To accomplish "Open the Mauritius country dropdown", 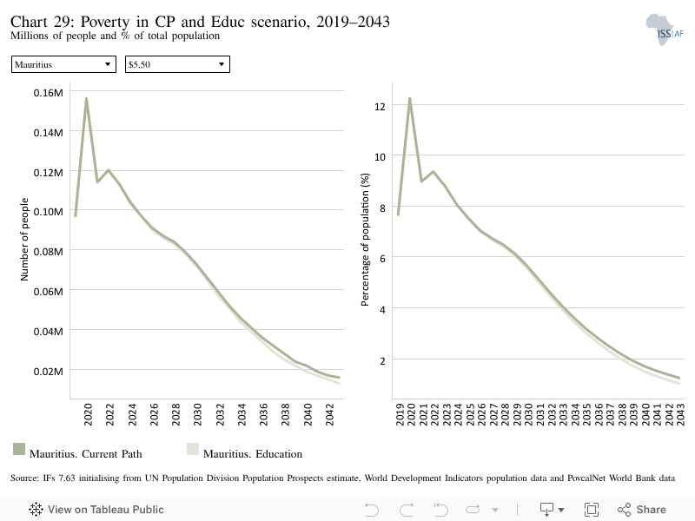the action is [63, 64].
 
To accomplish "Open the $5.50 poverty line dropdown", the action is [177, 64].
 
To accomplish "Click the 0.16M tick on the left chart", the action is [49, 93].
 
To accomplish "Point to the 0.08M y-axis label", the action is [49, 252].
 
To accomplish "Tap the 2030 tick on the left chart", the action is [198, 414].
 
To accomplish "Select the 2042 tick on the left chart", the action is [329, 414].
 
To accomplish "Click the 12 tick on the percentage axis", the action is [380, 106].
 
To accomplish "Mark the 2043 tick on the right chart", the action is [680, 414].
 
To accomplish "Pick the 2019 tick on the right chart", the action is [400, 414].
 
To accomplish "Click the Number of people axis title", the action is [24, 240].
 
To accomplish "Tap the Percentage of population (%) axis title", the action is [365, 240].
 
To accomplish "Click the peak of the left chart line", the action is [86, 98].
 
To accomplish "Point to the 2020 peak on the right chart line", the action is [410, 98].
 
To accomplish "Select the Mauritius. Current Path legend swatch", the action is [19, 449].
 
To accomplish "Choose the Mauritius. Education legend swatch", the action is [193, 449].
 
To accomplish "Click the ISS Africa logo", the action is [665, 30].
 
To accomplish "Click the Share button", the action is [641, 510].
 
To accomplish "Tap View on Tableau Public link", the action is [96, 510].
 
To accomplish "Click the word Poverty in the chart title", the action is [105, 21].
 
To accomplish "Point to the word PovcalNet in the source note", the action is [586, 478].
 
